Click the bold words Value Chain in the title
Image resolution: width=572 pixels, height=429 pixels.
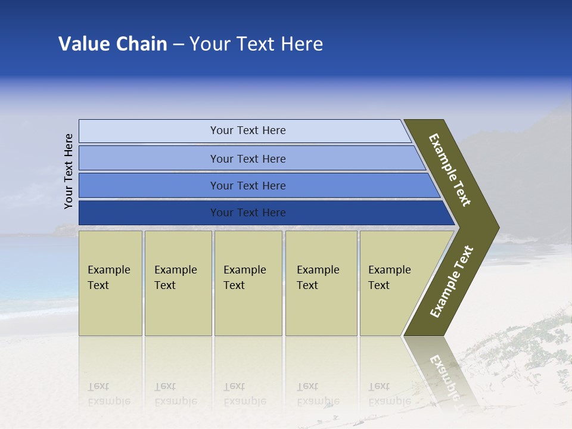[113, 44]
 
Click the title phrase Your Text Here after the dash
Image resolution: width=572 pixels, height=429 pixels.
[256, 44]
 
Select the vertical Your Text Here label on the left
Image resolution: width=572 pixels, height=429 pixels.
[69, 171]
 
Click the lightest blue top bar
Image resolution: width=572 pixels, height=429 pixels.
[149, 131]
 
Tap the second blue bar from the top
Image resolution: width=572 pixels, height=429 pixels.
[149, 158]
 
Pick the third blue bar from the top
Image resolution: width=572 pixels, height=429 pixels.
[149, 185]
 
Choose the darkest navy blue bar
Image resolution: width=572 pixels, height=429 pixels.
[149, 213]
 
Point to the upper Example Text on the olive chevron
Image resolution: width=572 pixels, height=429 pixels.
[450, 170]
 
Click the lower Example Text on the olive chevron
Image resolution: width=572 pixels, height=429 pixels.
[451, 282]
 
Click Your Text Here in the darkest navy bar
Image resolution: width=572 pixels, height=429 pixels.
[248, 213]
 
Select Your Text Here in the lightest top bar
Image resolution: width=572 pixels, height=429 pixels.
[248, 130]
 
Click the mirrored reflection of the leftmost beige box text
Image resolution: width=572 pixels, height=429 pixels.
[108, 394]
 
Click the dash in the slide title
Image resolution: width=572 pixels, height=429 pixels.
[178, 45]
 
